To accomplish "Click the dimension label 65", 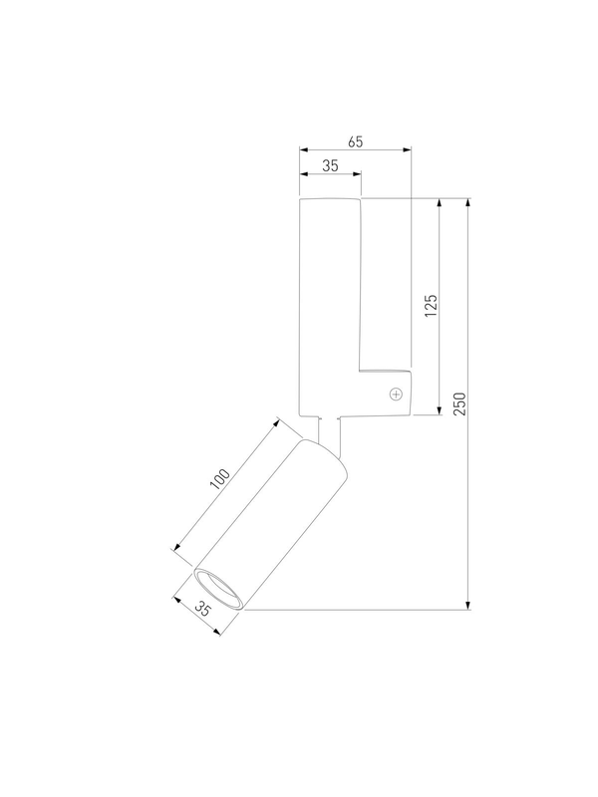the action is (356, 141).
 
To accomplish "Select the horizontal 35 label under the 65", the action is (330, 165).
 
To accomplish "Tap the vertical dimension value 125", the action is (431, 306).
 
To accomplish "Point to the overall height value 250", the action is (459, 403).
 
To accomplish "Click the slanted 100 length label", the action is (220, 479).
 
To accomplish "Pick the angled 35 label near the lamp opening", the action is (202, 609).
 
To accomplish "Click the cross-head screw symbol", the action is (396, 394).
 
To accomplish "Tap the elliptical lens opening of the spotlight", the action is (218, 588).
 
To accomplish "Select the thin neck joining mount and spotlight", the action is (329, 434).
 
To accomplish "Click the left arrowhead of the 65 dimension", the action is (304, 150).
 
